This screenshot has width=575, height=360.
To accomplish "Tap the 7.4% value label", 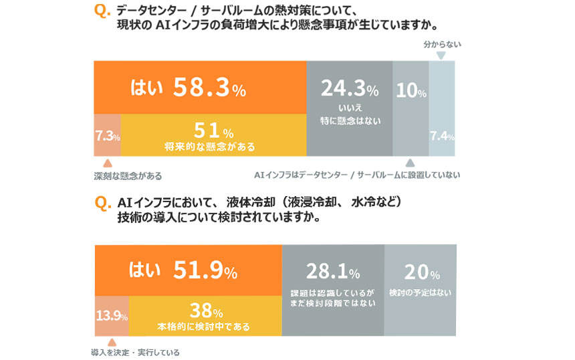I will (441, 137).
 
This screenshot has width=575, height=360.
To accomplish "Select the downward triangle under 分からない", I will (441, 56).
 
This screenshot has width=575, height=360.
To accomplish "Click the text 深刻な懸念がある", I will (127, 177).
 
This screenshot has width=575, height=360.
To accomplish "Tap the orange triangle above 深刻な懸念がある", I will (107, 163).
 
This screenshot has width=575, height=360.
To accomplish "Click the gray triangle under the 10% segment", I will (410, 163).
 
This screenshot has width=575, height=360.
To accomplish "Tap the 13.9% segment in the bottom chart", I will (111, 315).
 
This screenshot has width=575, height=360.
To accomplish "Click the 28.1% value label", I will (332, 272).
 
